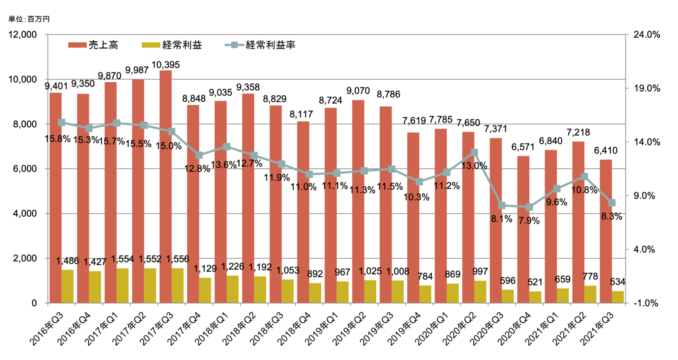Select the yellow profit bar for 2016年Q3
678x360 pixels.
pos(67,286)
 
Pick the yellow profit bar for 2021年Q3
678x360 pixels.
pos(618,297)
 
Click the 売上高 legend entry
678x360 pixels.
pos(93,45)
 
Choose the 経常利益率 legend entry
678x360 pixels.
pos(260,45)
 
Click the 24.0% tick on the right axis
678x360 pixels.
pos(647,35)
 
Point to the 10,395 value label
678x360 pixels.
pos(166,65)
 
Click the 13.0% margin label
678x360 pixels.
pos(474,166)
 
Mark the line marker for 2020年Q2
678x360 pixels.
pos(475,153)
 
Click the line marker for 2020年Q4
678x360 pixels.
pos(529,207)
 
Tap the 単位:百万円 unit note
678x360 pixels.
pos(29,19)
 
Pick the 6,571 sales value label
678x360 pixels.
pos(523,147)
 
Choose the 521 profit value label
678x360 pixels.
pos(535,282)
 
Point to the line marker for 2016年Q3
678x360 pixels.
pos(61,123)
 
